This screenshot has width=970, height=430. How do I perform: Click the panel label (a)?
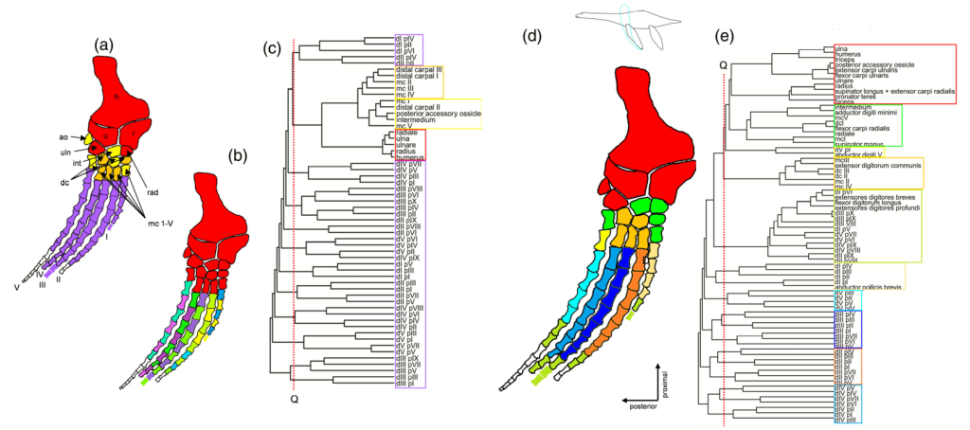click(x=104, y=44)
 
